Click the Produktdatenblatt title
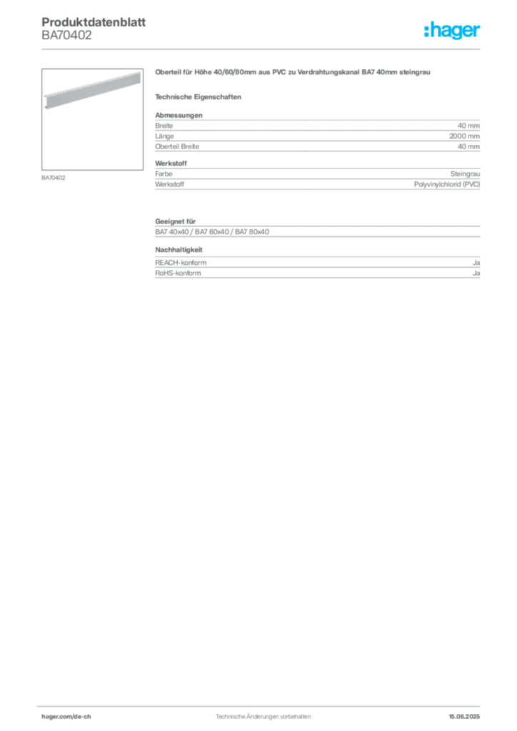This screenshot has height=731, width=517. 94,22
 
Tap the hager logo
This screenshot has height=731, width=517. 452,30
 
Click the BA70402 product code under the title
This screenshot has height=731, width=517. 66,36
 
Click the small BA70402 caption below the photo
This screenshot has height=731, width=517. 53,178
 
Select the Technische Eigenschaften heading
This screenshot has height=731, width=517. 198,97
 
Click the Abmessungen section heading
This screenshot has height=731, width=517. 179,115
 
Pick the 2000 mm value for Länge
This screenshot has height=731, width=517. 464,136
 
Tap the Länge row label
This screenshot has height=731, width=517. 164,136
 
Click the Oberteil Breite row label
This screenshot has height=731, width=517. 177,146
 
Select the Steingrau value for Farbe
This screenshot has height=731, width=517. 465,174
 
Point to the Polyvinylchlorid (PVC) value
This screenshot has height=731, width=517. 446,184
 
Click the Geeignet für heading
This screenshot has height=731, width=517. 175,221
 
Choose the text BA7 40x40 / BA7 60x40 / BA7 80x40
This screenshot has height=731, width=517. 212,232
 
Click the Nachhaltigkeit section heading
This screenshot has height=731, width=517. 179,250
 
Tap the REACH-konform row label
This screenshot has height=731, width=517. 181,263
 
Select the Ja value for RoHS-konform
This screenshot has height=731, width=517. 476,273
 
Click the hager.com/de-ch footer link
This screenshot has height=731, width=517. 66,717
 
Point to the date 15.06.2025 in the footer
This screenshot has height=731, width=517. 464,717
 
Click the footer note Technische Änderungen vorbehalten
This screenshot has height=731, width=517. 263,717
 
